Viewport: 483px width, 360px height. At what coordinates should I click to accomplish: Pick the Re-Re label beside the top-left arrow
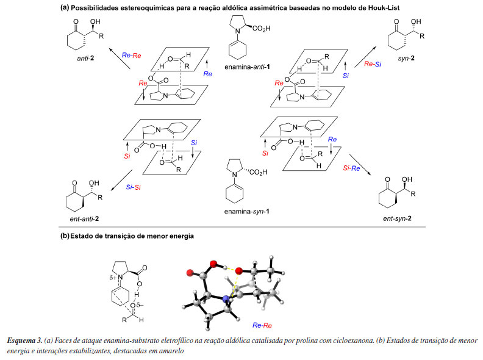click(131, 55)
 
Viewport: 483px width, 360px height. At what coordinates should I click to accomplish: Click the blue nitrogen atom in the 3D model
click(226, 298)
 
